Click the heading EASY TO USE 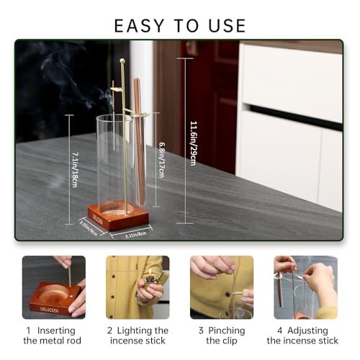[x=180, y=25]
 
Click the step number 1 [x=28, y=330]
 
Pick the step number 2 [x=110, y=330]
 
